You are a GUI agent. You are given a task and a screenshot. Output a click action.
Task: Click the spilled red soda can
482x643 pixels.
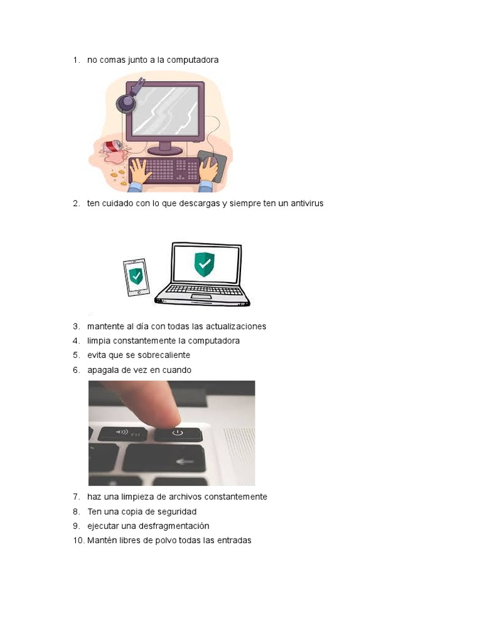click(x=114, y=146)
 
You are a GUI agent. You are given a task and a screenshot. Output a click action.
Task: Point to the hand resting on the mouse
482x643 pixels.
click(x=209, y=168)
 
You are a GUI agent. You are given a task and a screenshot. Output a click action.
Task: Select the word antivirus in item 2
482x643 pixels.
click(x=306, y=203)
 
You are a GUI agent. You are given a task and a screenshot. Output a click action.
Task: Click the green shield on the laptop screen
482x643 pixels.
click(x=203, y=264)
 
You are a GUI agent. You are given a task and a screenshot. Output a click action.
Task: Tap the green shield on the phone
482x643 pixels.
click(x=136, y=276)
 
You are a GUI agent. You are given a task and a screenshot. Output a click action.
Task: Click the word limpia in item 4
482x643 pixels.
click(x=99, y=341)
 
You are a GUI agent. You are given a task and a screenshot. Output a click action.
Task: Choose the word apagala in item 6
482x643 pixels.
click(x=103, y=370)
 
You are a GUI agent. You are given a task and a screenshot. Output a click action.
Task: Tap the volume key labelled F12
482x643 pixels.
click(x=122, y=433)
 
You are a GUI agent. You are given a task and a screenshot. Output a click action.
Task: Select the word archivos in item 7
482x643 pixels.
click(x=177, y=497)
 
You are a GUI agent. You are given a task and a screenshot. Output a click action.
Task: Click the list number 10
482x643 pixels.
click(x=78, y=541)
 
